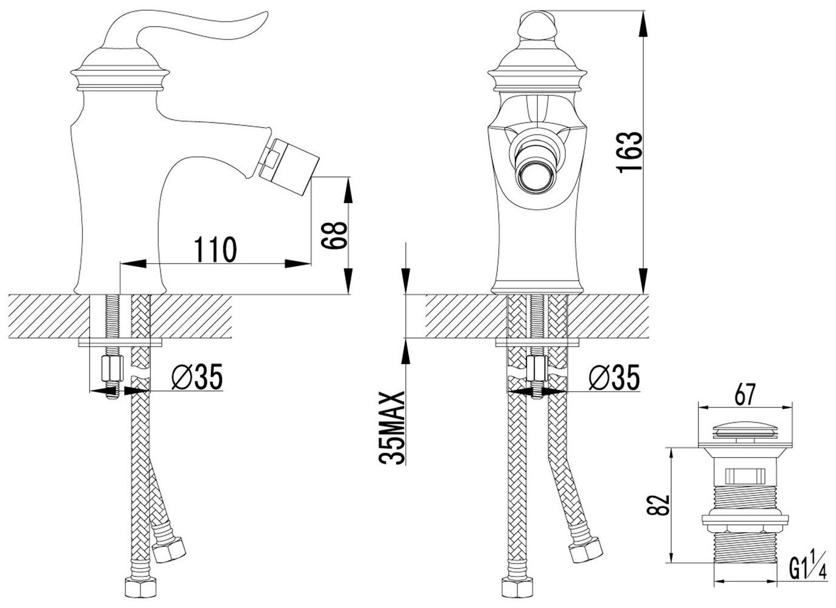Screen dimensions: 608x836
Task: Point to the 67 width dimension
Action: pos(745,395)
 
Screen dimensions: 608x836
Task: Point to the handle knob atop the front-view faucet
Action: pos(535,24)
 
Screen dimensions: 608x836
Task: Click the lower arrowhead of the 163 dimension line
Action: pos(642,285)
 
